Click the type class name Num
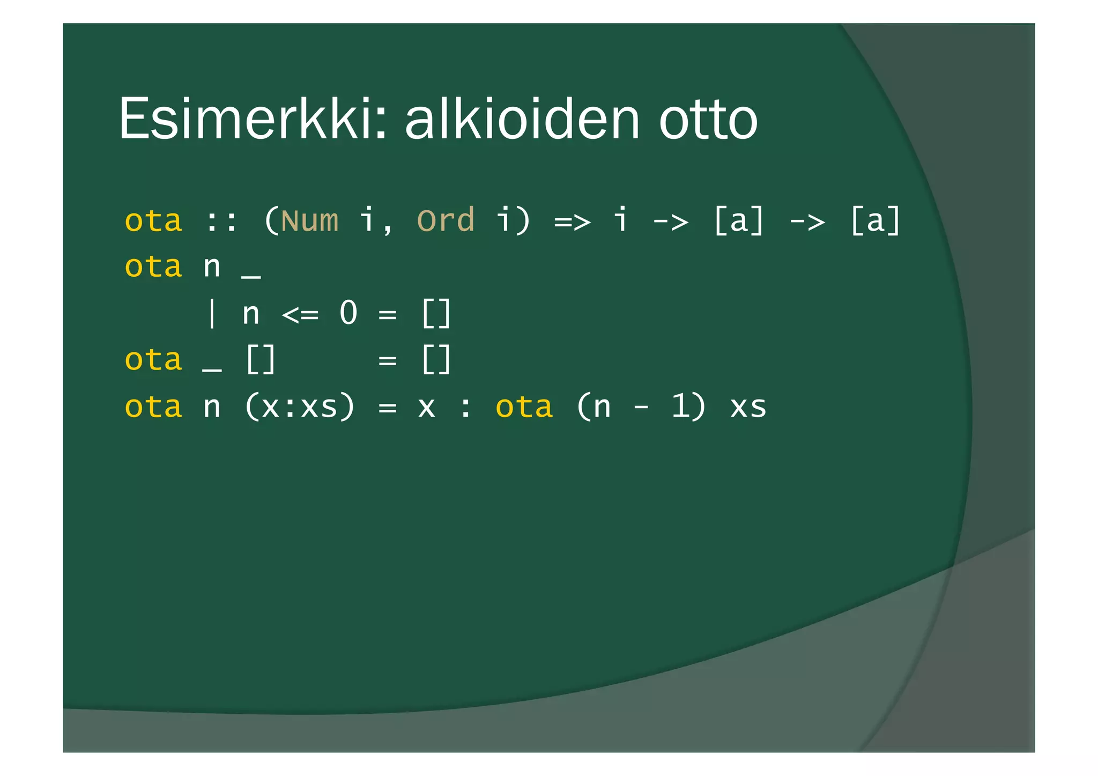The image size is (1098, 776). (x=310, y=220)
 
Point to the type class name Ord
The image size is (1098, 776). (x=446, y=220)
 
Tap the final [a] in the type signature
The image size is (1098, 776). (x=875, y=220)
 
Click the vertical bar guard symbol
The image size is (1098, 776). (x=212, y=314)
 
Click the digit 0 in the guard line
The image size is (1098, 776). (x=348, y=313)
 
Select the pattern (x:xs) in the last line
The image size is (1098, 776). (x=300, y=407)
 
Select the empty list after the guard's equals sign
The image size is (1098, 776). (x=436, y=314)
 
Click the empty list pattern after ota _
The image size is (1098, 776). (x=261, y=360)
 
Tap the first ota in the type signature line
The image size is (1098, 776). (x=153, y=221)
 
